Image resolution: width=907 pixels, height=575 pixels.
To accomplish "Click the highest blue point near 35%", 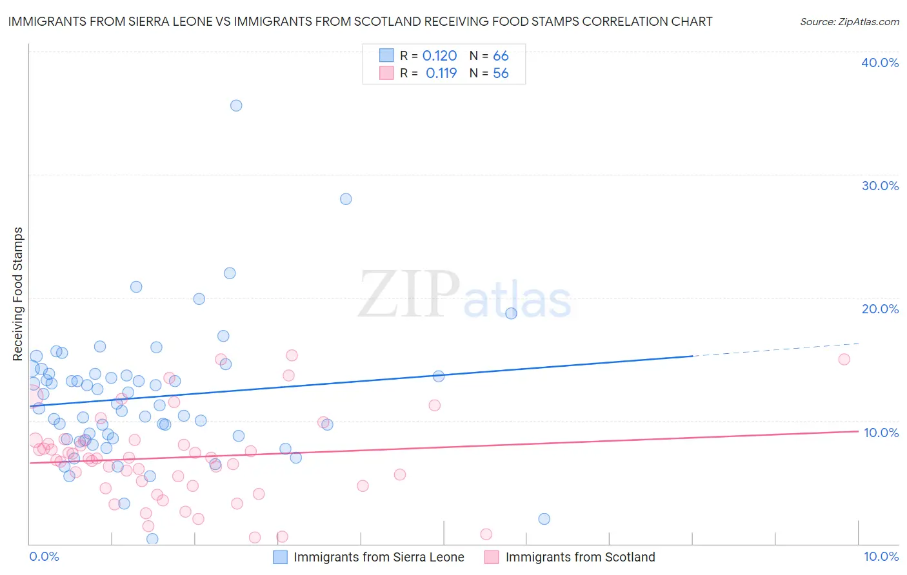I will click(236, 106).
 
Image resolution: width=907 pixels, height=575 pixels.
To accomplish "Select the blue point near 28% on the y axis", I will click(346, 199).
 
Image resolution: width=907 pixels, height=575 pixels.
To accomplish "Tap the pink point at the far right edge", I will click(844, 360).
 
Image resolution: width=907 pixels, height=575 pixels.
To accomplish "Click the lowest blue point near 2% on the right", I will click(544, 519).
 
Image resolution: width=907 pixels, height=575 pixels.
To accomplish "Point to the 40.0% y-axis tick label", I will click(879, 63).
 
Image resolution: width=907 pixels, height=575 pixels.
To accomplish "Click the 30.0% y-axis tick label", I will click(879, 186).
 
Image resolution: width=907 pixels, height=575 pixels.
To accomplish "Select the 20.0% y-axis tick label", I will click(879, 309).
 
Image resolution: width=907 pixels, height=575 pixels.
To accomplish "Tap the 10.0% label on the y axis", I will click(881, 433).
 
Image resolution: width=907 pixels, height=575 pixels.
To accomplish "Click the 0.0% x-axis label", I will click(44, 557).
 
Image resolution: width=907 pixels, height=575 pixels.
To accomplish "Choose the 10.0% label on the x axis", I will click(881, 557).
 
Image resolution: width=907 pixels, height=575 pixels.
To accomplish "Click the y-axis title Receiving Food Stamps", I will click(18, 294).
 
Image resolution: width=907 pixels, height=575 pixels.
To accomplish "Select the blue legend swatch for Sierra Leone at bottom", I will click(280, 557).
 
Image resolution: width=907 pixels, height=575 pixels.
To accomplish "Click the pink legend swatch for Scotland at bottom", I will click(492, 557).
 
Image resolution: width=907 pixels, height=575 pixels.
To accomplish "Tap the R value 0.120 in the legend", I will click(439, 56).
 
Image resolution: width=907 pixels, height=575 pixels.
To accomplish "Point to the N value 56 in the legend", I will click(501, 73).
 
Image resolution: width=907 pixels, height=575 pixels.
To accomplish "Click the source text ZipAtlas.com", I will click(849, 22).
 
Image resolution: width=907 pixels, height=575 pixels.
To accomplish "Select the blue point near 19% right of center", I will click(511, 313).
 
